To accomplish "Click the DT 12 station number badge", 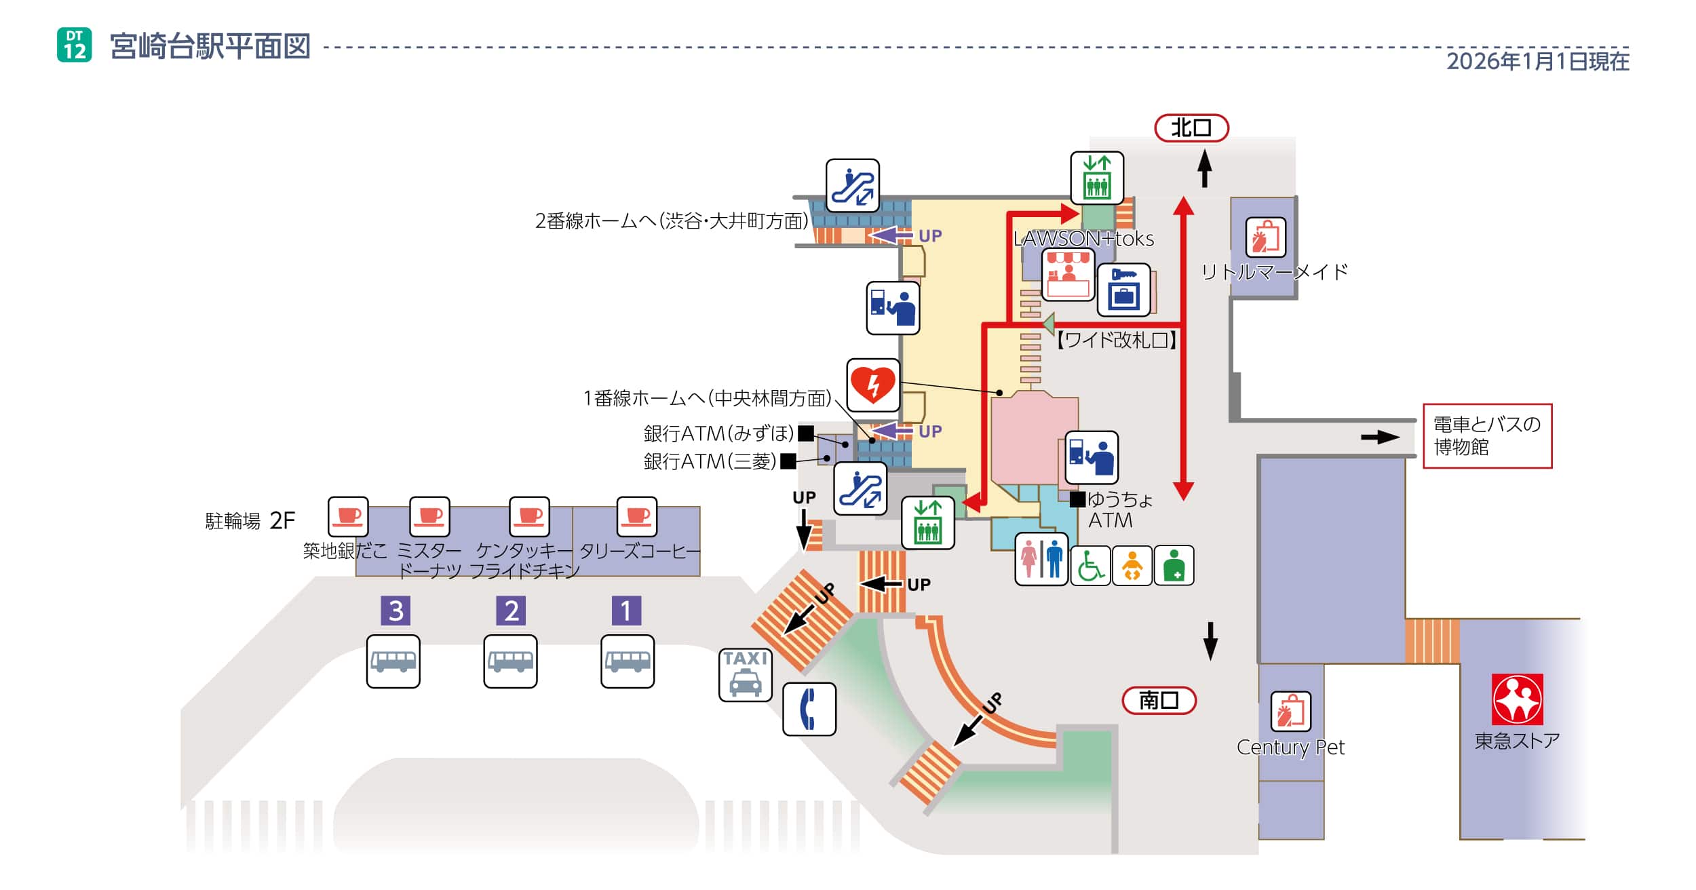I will tap(75, 45).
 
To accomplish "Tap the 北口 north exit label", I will tap(1191, 128).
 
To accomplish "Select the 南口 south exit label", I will tap(1159, 700).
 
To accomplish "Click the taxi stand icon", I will tap(745, 674).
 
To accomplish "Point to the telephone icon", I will tap(809, 709).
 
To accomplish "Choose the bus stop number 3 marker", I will tap(396, 611).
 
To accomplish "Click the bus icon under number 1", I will tap(628, 661).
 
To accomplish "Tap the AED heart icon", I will tap(873, 385).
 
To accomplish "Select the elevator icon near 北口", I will tap(1097, 178).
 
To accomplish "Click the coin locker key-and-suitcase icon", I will tap(1123, 290).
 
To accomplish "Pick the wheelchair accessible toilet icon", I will tap(1090, 566).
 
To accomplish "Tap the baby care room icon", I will tap(1132, 566).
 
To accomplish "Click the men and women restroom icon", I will tap(1041, 559).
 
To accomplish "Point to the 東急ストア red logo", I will tap(1517, 699).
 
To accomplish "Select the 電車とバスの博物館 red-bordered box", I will tap(1487, 436).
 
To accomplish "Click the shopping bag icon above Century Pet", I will tap(1290, 712).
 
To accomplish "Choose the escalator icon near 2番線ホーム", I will tap(853, 186).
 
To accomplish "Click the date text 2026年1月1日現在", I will tap(1537, 62).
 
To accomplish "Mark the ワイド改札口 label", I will tap(1116, 340).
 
